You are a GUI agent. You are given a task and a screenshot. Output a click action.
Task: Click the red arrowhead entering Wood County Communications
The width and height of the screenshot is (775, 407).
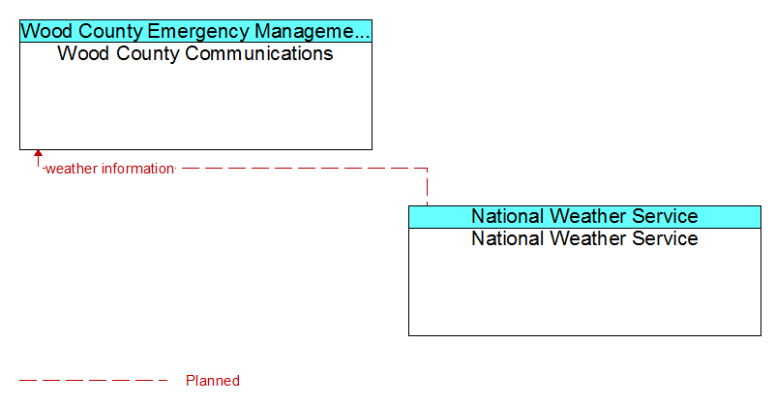(38, 153)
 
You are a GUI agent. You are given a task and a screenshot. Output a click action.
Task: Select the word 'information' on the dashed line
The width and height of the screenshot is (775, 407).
(137, 169)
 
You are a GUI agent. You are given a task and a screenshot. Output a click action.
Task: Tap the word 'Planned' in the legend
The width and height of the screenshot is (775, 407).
(213, 381)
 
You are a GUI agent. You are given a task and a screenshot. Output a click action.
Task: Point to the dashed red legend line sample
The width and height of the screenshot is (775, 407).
(94, 381)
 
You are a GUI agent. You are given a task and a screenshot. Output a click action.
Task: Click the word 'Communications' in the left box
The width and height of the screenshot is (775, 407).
(259, 53)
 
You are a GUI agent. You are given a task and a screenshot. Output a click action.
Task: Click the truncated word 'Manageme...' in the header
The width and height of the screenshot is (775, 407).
(313, 31)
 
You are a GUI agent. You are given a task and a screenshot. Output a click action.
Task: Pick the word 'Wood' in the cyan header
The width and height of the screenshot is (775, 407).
(47, 31)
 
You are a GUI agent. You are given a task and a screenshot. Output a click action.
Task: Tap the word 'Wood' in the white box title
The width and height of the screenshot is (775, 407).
(83, 53)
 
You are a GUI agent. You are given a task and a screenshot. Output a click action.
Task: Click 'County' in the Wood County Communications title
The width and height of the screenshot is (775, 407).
(147, 54)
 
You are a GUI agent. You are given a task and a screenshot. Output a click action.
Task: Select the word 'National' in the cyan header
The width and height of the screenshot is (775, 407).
(508, 216)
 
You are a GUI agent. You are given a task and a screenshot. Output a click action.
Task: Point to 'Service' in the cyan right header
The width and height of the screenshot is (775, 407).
(665, 216)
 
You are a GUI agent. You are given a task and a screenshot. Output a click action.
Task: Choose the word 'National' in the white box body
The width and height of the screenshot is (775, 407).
(508, 238)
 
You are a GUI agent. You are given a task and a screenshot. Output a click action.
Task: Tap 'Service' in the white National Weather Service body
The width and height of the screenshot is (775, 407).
(665, 238)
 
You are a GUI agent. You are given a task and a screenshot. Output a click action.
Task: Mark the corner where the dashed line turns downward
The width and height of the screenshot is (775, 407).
(427, 169)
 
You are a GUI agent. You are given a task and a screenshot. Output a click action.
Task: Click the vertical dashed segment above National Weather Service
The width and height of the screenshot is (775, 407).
(427, 187)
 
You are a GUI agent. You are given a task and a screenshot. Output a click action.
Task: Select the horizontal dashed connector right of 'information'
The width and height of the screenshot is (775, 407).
(303, 169)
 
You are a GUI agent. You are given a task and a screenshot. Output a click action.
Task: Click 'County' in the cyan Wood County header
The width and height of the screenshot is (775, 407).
(109, 32)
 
